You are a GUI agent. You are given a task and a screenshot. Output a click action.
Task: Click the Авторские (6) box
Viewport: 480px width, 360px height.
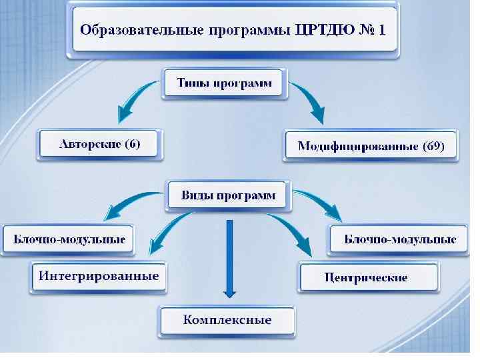coord(99,145)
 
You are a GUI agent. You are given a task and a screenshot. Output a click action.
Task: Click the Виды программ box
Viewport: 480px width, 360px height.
coord(228,196)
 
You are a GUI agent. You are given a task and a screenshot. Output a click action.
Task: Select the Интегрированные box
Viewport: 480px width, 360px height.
coord(98,276)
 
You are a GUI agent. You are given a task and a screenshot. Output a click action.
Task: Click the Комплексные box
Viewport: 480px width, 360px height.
coord(227,320)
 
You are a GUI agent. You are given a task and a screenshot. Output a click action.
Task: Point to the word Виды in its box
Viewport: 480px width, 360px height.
coord(198,196)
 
